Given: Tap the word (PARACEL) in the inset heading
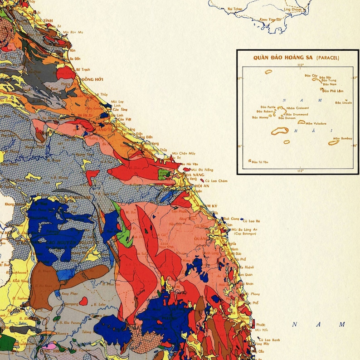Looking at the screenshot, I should tap(328, 58).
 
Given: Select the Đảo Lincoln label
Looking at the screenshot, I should tap(344, 103).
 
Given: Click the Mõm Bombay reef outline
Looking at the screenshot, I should tap(334, 143).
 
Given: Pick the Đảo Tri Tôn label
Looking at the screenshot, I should tap(260, 162).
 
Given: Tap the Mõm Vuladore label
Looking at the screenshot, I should tap(316, 123).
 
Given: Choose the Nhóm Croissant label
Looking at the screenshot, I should tap(298, 108).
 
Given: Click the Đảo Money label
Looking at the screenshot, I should tap(260, 117).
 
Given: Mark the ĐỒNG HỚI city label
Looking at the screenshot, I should tap(92, 79).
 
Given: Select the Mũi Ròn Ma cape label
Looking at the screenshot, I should tap(73, 33).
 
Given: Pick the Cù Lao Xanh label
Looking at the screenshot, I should tap(268, 340).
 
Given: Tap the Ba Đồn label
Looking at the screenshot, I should tap(74, 58).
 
